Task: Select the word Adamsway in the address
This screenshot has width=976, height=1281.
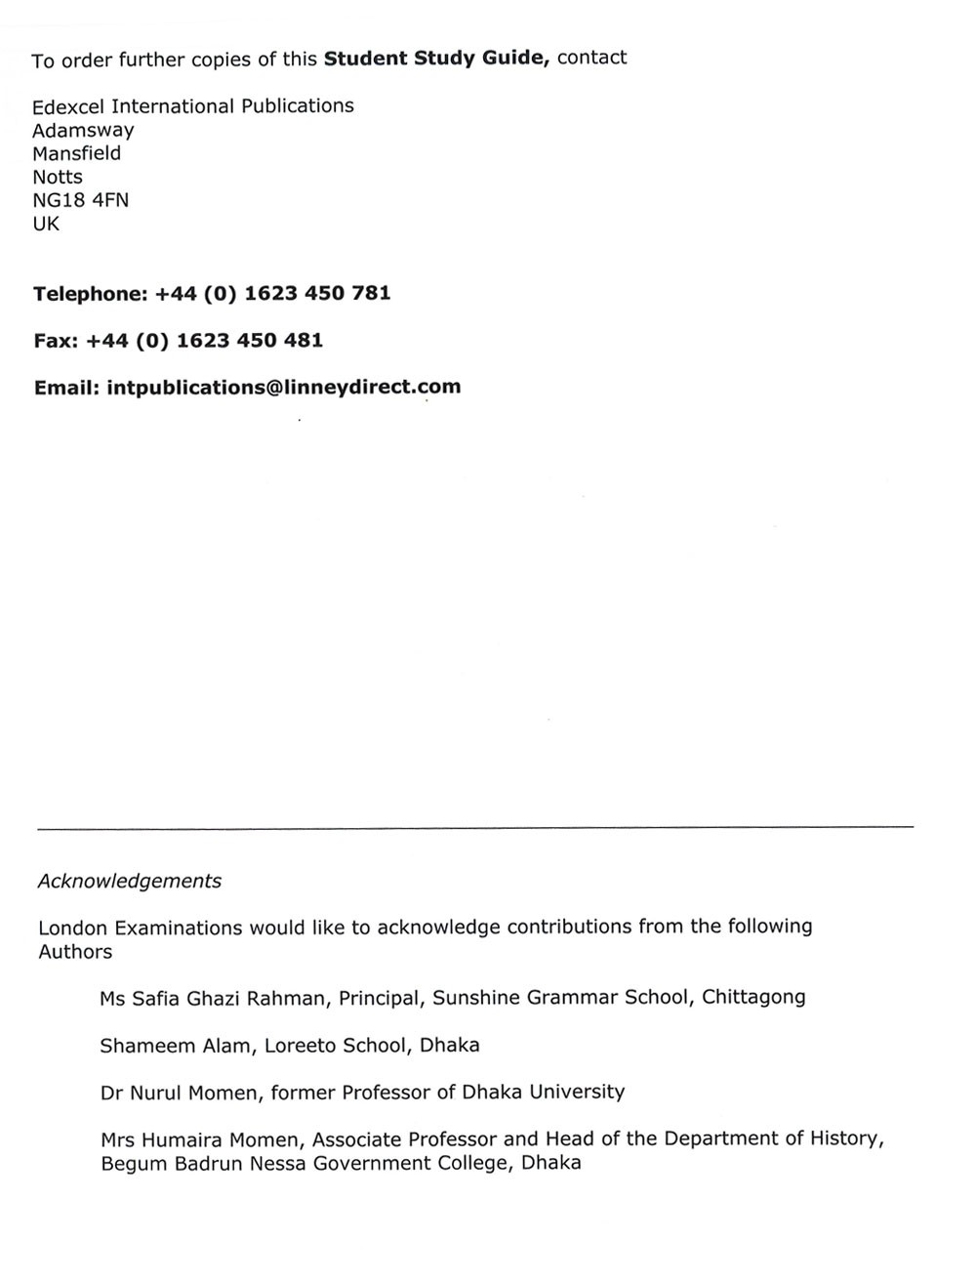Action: coord(83,131)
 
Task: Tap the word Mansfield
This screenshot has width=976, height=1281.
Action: coord(76,154)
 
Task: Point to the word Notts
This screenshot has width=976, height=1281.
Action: coord(58,178)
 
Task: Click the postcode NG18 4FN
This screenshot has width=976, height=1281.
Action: coord(80,201)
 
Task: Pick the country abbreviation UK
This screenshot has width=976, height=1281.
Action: coord(46,225)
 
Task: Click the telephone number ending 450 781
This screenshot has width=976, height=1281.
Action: coord(272,294)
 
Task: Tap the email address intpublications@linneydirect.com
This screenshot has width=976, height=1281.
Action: coord(283,388)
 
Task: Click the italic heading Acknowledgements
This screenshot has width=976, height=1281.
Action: coord(130,882)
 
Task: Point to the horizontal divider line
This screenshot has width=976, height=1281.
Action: coord(475,828)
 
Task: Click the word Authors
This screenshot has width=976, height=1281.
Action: coord(75,952)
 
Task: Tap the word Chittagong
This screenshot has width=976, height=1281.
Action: coord(753,998)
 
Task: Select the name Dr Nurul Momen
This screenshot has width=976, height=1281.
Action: coord(180,1093)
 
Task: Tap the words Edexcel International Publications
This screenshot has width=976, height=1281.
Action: coord(193,106)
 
